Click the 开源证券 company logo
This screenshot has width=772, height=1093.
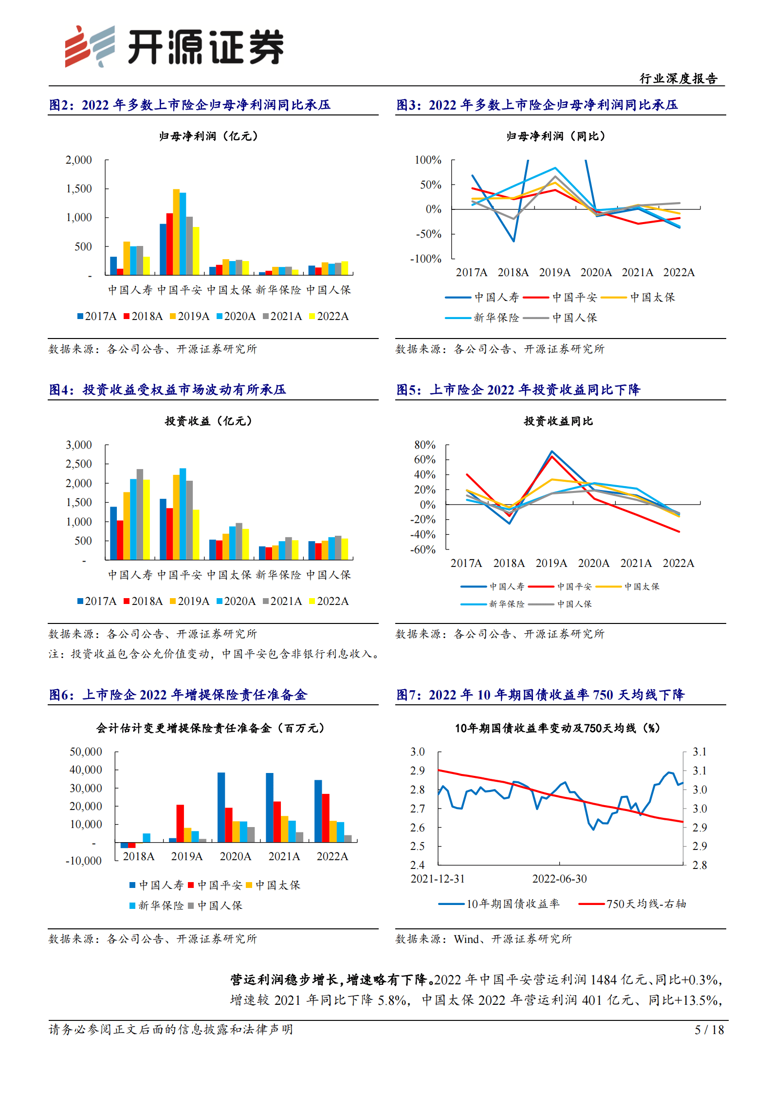coord(174,46)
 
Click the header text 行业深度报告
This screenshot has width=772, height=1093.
coord(678,78)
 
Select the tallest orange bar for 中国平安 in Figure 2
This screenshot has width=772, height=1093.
coord(176,232)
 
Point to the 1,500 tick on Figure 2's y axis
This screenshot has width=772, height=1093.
coord(79,189)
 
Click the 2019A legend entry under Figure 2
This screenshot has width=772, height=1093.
coord(190,316)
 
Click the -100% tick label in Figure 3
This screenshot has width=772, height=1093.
coord(425,259)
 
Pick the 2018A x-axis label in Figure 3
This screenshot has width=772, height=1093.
coord(513,272)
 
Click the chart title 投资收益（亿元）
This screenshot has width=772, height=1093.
coord(208,421)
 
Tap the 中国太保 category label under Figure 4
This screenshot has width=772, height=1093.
coord(229,575)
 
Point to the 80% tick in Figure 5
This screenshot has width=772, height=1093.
coord(424,445)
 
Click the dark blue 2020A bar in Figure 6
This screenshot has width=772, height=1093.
coord(221,807)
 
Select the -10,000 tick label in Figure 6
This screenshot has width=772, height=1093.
coord(84,861)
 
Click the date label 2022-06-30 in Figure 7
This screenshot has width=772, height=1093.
coord(559,879)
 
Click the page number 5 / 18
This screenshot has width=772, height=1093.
coord(709,1030)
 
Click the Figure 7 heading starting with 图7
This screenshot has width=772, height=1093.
coord(540,695)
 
